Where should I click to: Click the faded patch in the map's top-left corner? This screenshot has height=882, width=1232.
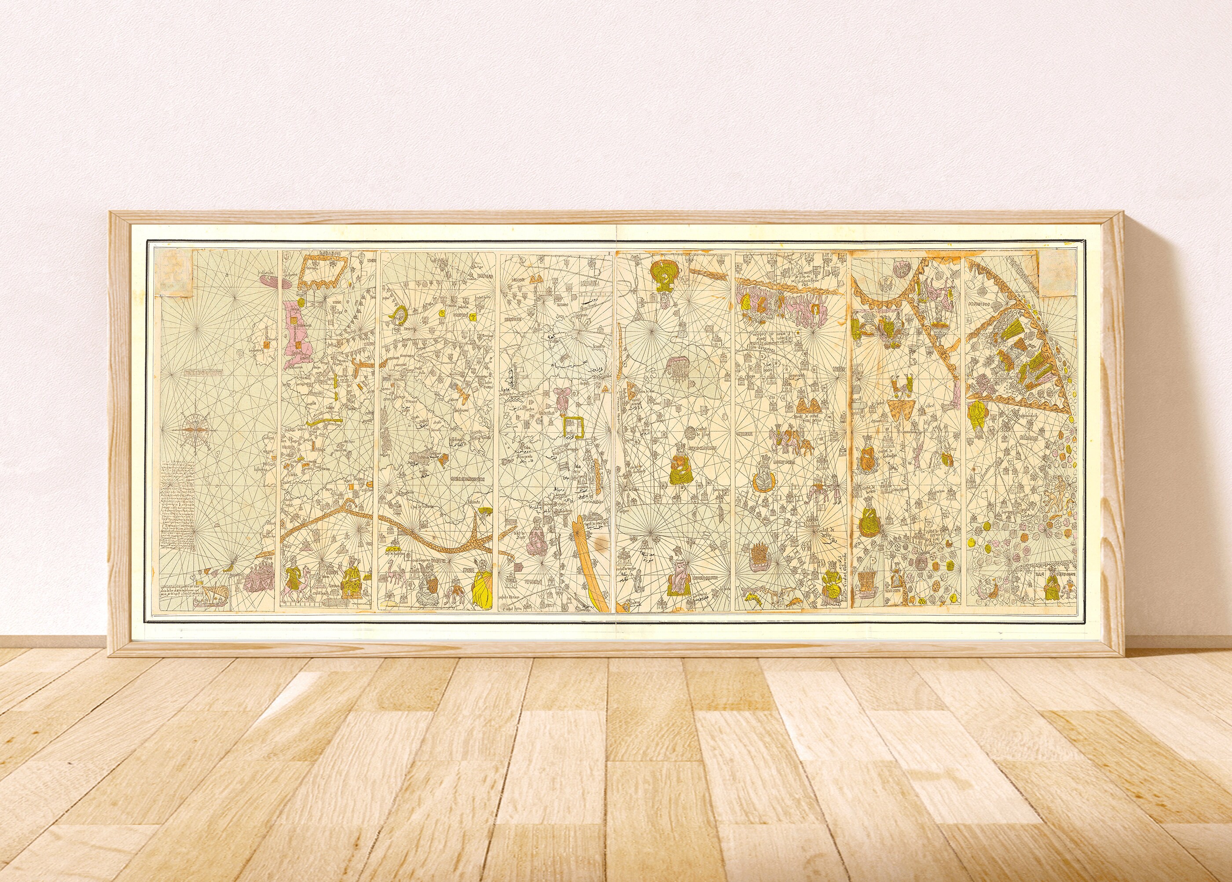pyautogui.click(x=173, y=276)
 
